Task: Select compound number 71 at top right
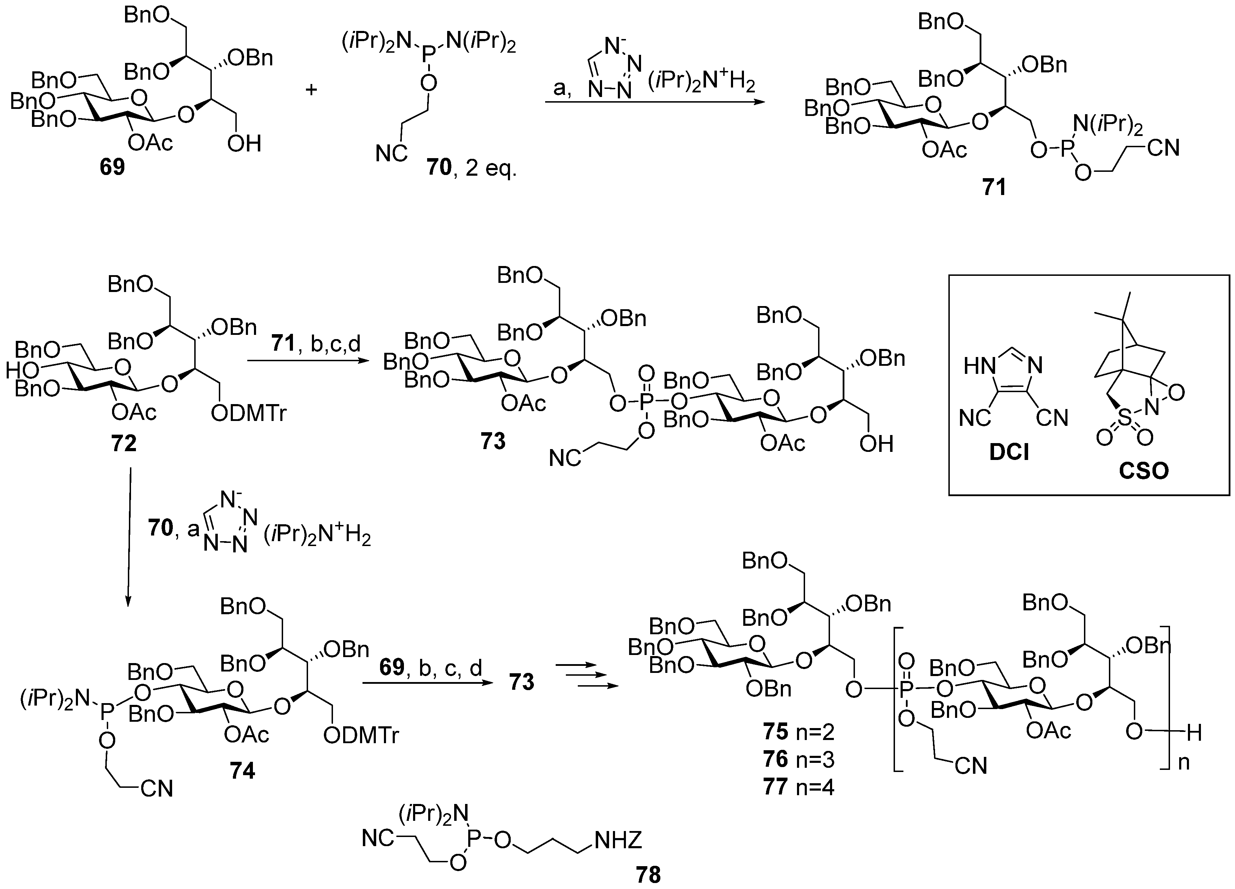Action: click(x=994, y=188)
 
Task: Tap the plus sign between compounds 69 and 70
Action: click(x=311, y=89)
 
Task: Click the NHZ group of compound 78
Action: click(x=618, y=840)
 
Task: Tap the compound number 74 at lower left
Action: click(x=242, y=771)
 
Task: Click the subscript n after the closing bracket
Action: click(x=1184, y=763)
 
